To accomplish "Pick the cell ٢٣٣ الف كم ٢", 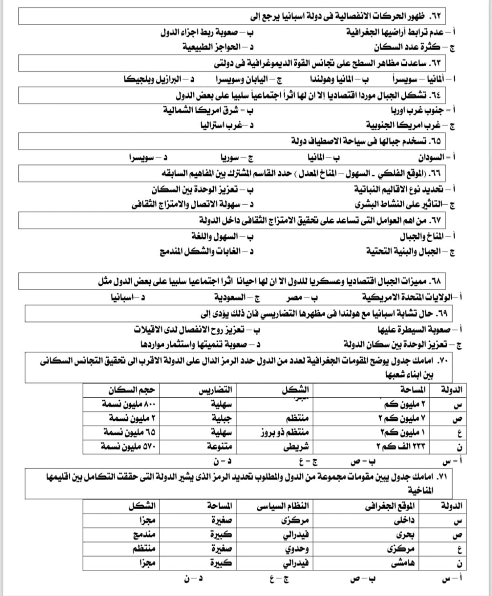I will (x=400, y=447).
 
